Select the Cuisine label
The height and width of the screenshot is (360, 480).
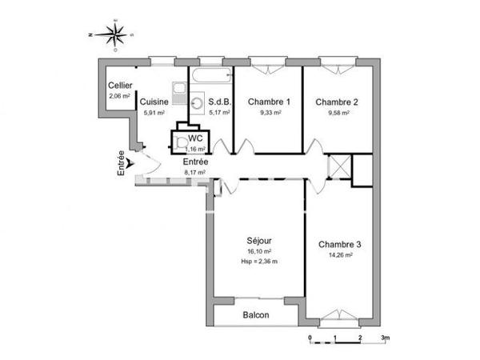coord(154,102)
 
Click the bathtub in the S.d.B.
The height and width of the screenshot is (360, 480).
coord(210,77)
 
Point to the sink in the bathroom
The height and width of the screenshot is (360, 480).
coord(196,101)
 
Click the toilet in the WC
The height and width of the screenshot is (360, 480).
coord(179,142)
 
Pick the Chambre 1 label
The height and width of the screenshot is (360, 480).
coord(268,102)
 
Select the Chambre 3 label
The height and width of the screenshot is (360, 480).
coord(339,244)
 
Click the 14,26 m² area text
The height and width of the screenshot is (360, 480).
coord(339,255)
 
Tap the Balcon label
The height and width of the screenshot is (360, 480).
coord(257,315)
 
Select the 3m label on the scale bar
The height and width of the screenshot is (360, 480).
coord(385,338)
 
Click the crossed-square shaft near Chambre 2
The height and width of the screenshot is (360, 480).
coord(339,167)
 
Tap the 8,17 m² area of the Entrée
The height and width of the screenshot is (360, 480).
coord(195,172)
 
